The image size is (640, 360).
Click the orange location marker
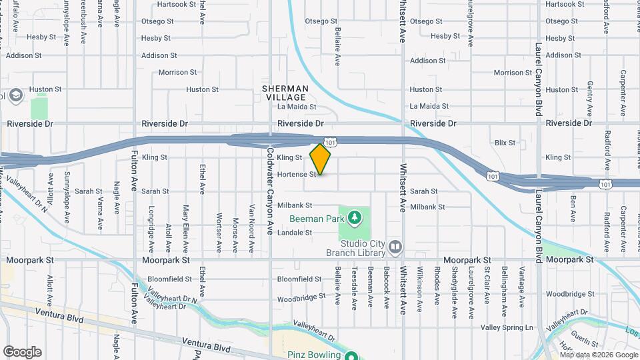321,159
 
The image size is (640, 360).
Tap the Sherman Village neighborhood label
285,93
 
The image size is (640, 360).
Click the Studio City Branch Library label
355,248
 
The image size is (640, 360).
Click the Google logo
22,352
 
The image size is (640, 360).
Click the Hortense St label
296,175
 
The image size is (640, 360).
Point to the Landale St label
294,233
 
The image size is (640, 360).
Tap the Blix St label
505,143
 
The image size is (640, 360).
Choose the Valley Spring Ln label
507,327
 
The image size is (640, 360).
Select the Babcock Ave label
387,289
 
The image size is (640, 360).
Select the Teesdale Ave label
355,288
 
